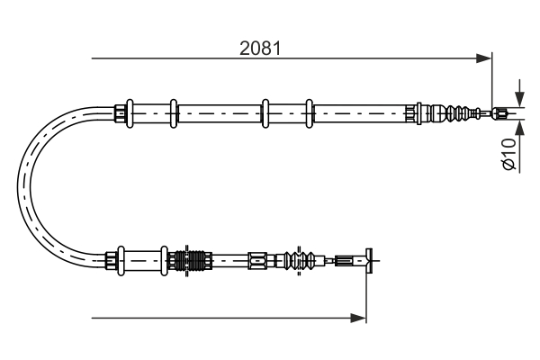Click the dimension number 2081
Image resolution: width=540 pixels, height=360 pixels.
tap(260, 49)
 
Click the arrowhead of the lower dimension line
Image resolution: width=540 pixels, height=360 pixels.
tap(360, 317)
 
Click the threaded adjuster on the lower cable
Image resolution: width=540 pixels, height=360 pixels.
tap(190, 261)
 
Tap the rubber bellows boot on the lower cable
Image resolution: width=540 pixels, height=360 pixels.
tap(303, 261)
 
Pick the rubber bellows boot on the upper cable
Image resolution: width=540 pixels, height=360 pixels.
tap(454, 113)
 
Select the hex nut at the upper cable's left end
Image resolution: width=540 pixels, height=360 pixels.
tap(120, 113)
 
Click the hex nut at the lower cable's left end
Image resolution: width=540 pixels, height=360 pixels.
tap(113, 261)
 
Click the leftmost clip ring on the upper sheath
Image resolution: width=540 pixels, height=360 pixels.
tap(130, 112)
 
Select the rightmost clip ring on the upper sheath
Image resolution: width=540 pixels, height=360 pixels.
tap(309, 112)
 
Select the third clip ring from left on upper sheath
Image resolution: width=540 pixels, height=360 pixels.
tap(265, 112)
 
